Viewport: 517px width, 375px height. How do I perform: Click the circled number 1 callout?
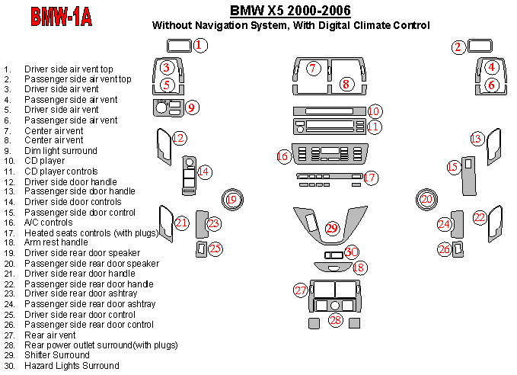click(x=198, y=45)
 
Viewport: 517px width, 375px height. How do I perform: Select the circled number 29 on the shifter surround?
click(x=331, y=228)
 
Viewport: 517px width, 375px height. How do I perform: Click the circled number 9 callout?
click(x=193, y=107)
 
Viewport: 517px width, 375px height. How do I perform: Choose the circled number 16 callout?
click(x=283, y=156)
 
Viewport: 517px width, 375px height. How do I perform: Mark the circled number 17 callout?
click(x=370, y=178)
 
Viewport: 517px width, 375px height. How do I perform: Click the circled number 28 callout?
click(x=336, y=321)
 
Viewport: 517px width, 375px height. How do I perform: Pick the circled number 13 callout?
click(x=477, y=139)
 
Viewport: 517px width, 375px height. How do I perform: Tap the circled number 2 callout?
click(x=458, y=47)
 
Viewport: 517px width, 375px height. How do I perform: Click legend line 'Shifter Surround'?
click(x=56, y=355)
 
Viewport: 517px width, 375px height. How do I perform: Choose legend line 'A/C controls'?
click(x=49, y=222)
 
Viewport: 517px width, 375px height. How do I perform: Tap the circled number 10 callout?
click(x=374, y=111)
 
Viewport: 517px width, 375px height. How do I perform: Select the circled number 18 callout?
click(x=359, y=268)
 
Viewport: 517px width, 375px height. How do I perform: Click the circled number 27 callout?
click(x=302, y=290)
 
